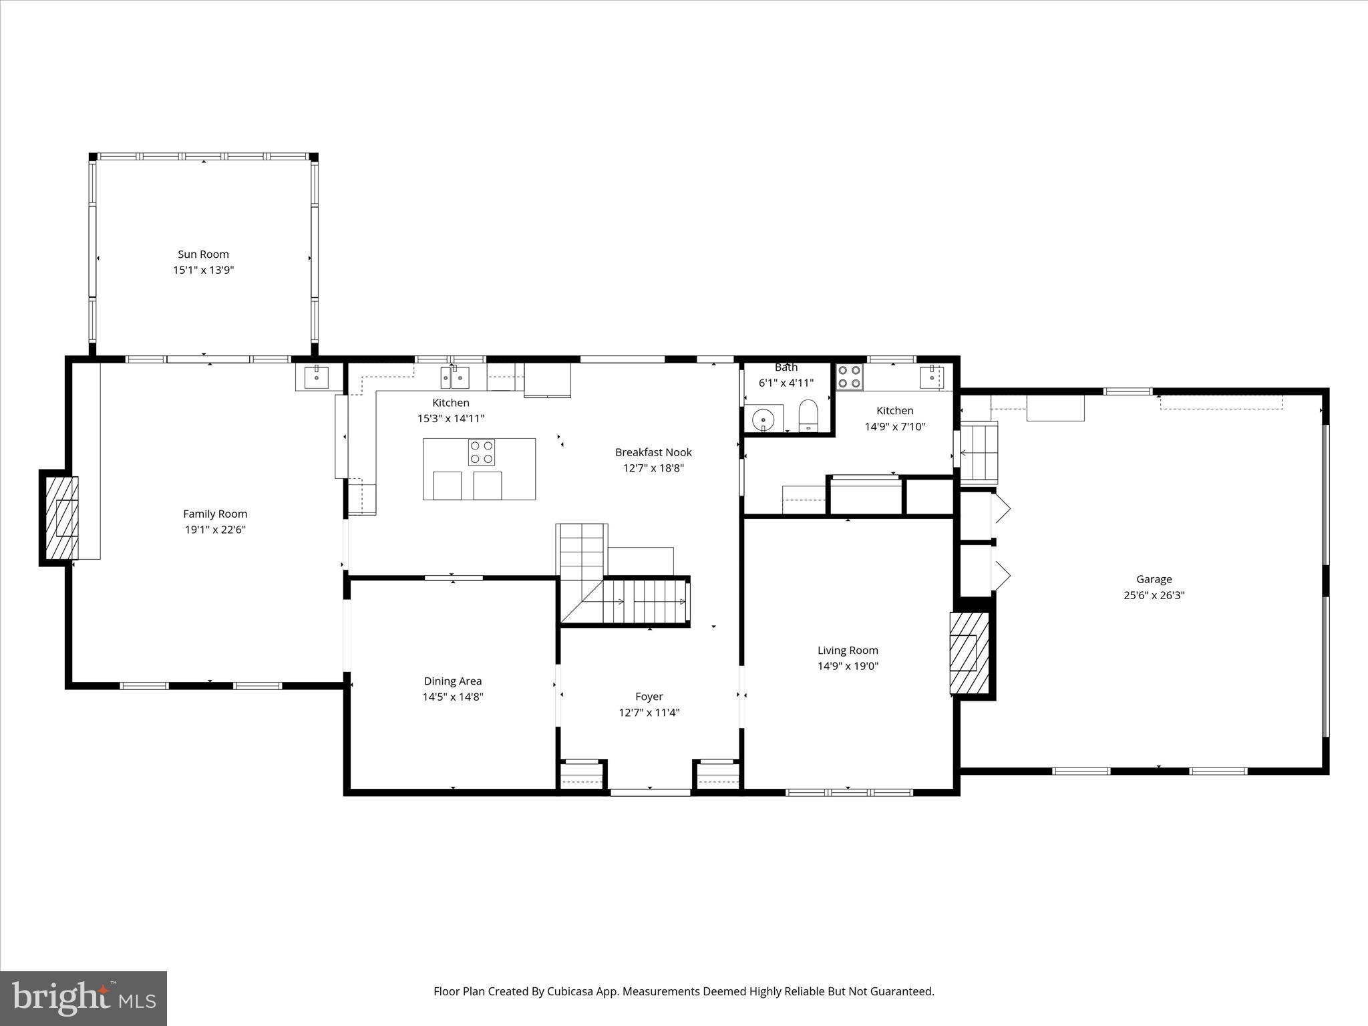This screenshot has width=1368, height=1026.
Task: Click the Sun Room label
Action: click(203, 254)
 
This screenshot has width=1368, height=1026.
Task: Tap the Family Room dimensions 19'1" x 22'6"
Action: click(215, 530)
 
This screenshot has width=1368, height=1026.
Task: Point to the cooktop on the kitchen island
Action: click(482, 452)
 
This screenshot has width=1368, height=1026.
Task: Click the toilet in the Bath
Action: click(808, 415)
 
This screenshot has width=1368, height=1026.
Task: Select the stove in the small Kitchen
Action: click(850, 377)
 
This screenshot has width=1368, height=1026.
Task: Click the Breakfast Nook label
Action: click(653, 452)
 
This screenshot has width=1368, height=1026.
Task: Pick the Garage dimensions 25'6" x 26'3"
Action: click(1154, 595)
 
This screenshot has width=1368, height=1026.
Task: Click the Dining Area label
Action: click(452, 681)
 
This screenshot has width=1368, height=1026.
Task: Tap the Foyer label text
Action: click(649, 696)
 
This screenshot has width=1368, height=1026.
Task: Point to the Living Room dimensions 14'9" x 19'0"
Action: click(848, 666)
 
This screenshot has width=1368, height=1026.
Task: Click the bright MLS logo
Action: click(83, 998)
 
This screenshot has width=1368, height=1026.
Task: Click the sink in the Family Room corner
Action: click(317, 377)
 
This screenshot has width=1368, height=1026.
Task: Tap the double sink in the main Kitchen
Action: click(454, 377)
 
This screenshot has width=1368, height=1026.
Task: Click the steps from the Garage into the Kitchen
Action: click(979, 453)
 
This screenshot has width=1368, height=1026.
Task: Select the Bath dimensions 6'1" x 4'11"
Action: click(786, 383)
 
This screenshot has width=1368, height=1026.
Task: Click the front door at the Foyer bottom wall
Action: click(650, 792)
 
